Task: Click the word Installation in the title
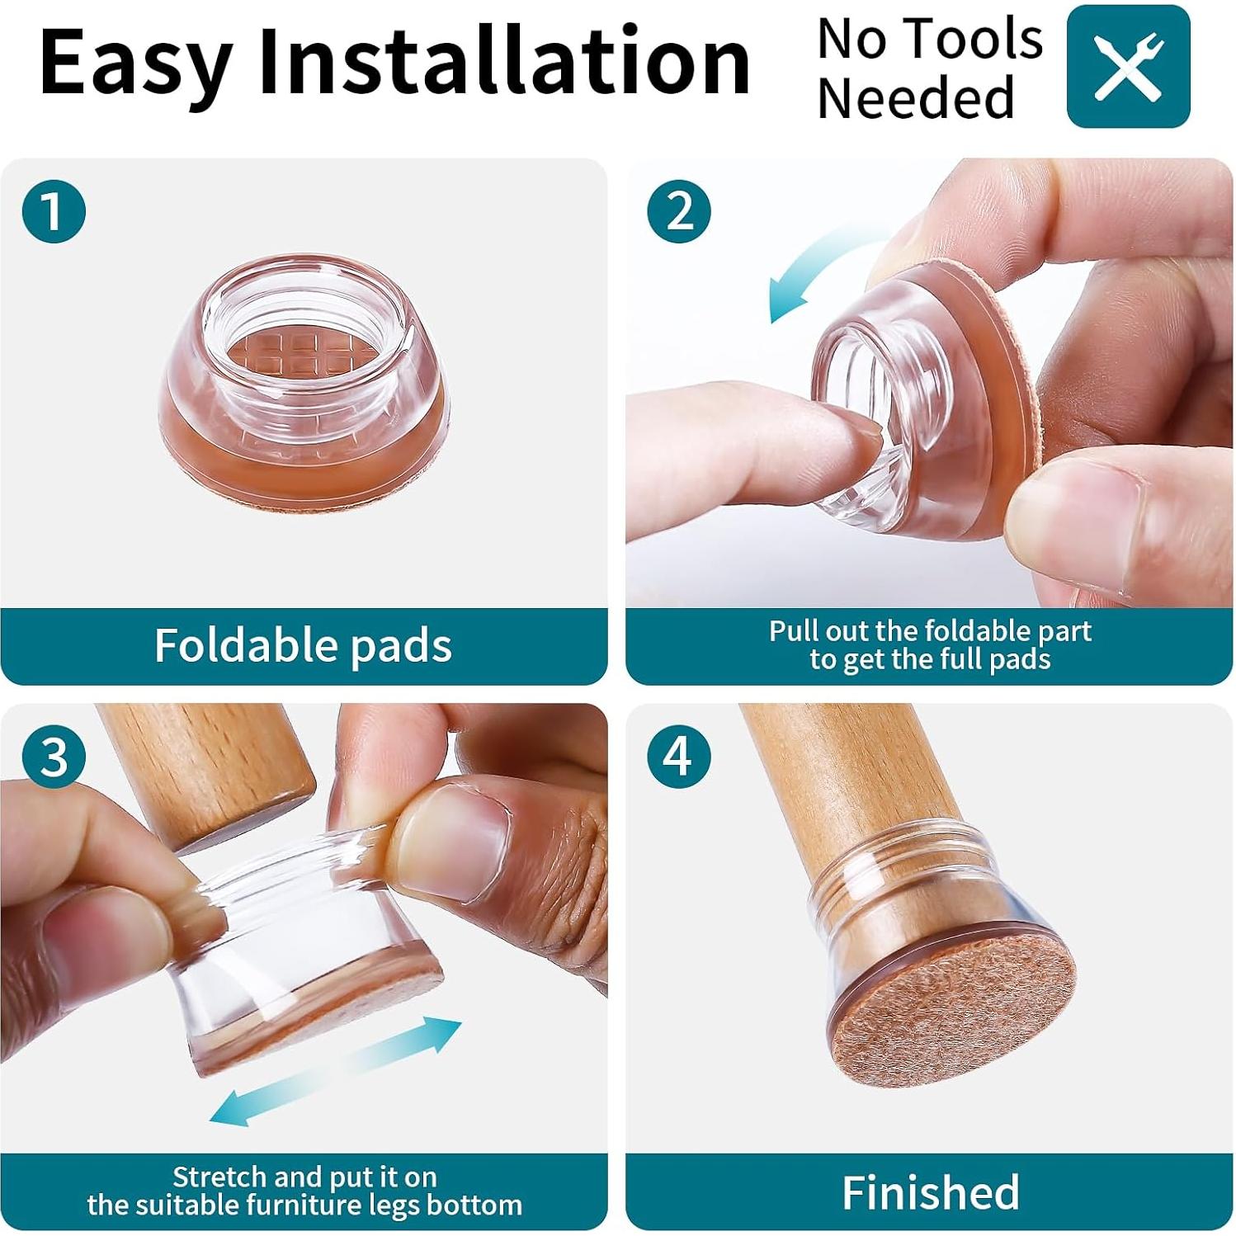tap(503, 62)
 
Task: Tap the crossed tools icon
tap(1128, 66)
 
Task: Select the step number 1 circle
tap(54, 211)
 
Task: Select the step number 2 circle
tap(679, 211)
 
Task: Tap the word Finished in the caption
tap(930, 1192)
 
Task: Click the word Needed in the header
tap(915, 98)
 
